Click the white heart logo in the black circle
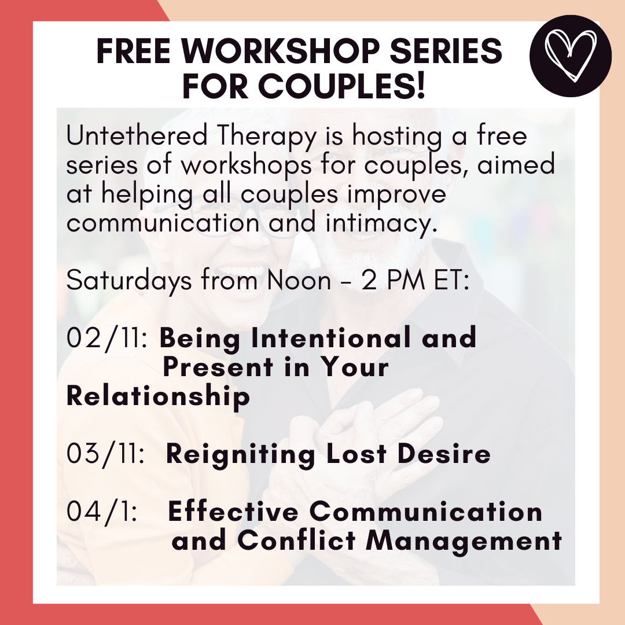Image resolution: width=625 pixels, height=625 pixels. coord(571,56)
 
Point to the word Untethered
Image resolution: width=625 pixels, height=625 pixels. coord(137,135)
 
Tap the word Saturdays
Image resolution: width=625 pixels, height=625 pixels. coord(129,281)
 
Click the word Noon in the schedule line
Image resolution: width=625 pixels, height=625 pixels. coord(299,280)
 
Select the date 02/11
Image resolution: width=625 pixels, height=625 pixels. coord(107,339)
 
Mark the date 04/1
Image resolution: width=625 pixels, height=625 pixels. coord(102,512)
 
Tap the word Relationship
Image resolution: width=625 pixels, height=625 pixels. coord(158,398)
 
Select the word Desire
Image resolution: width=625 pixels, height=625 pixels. coord(444,454)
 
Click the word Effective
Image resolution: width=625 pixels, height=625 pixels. coord(234,511)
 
